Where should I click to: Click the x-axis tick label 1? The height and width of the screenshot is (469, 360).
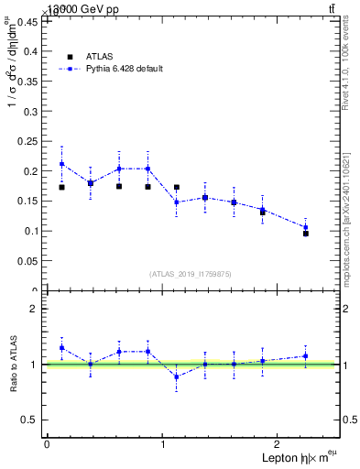[163, 444]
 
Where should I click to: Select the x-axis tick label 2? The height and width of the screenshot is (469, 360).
[279, 444]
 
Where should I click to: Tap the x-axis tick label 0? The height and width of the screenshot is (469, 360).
[47, 444]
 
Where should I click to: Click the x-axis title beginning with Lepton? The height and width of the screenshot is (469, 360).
[298, 458]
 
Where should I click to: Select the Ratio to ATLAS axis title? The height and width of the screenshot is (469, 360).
[13, 365]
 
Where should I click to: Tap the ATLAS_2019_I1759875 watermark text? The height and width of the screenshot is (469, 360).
[191, 274]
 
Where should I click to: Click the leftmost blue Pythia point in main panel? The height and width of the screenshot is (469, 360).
[61, 164]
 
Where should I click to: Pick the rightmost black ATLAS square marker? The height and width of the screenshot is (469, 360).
[306, 234]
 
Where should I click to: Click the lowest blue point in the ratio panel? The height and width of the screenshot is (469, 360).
[176, 376]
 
